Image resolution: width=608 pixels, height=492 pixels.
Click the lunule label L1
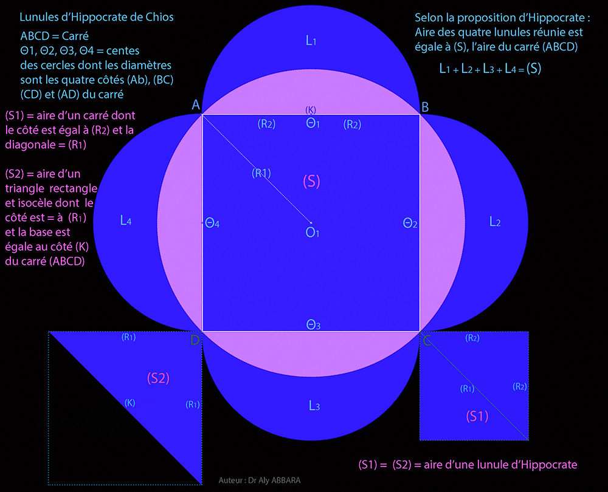[311, 40]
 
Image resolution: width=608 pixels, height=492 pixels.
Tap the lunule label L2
[495, 222]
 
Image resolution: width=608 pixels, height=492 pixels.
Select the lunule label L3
[314, 406]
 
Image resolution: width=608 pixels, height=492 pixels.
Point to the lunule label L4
[126, 220]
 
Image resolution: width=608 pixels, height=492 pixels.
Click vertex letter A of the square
[196, 104]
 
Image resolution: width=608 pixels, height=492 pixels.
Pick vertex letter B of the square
[425, 107]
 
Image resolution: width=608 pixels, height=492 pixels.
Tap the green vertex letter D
[195, 340]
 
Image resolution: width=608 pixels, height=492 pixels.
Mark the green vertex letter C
[427, 341]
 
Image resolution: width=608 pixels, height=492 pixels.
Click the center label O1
[312, 233]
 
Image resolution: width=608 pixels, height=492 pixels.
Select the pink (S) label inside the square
[311, 181]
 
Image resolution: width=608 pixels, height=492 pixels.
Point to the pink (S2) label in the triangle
[158, 378]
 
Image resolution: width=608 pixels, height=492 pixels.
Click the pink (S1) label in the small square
[477, 417]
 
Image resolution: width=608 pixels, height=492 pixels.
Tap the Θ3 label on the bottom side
[313, 324]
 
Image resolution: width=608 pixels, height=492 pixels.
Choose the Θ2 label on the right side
[410, 223]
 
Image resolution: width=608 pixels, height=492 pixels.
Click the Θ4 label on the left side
[212, 223]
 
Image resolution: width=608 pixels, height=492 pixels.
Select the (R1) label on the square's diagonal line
[261, 173]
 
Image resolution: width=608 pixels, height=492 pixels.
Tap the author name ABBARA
[286, 480]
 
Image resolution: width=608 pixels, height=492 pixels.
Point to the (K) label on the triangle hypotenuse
[130, 403]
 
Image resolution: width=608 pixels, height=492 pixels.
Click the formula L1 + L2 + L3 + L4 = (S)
[490, 69]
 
